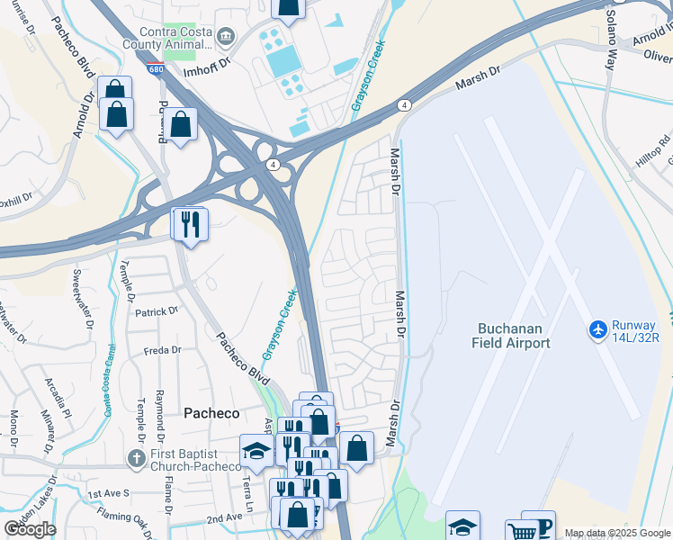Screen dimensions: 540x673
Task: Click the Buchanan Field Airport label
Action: pyautogui.click(x=510, y=335)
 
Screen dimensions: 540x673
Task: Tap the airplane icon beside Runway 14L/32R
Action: pyautogui.click(x=598, y=329)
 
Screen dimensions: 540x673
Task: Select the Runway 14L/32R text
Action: pyautogui.click(x=637, y=331)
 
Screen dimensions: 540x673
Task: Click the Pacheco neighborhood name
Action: pyautogui.click(x=211, y=413)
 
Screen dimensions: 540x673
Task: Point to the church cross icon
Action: pyautogui.click(x=137, y=459)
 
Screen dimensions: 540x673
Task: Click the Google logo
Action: pyautogui.click(x=30, y=529)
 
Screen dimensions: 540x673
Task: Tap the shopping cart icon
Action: pyautogui.click(x=520, y=531)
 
